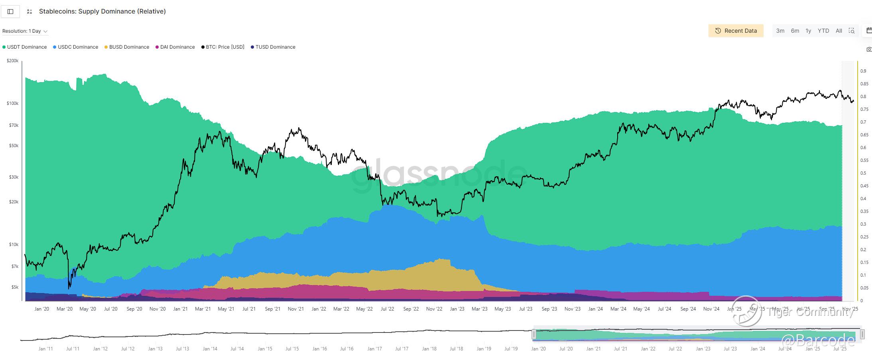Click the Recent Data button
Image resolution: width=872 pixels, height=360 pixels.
click(x=736, y=31)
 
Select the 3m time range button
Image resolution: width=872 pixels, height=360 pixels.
click(x=780, y=31)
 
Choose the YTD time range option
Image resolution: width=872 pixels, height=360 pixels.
click(x=823, y=31)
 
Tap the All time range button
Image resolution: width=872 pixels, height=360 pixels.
click(x=839, y=31)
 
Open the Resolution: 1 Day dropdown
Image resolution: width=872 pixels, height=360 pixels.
click(x=25, y=31)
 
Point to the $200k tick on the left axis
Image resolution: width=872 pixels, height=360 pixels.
click(x=13, y=61)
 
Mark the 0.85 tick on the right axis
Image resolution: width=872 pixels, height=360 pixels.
click(x=864, y=84)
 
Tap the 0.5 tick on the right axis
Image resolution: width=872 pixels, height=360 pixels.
click(x=864, y=173)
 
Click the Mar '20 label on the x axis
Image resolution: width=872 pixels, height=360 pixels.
click(x=65, y=309)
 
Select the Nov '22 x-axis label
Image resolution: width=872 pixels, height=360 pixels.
click(x=434, y=309)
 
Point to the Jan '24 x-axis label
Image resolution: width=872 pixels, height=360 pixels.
click(x=595, y=309)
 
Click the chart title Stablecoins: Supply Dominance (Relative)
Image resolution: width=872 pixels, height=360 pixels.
click(x=102, y=11)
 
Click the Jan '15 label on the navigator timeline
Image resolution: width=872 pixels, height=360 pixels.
click(x=265, y=348)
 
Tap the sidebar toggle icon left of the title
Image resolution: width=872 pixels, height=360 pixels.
click(x=10, y=12)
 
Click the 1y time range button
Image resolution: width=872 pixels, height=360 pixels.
click(x=808, y=31)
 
